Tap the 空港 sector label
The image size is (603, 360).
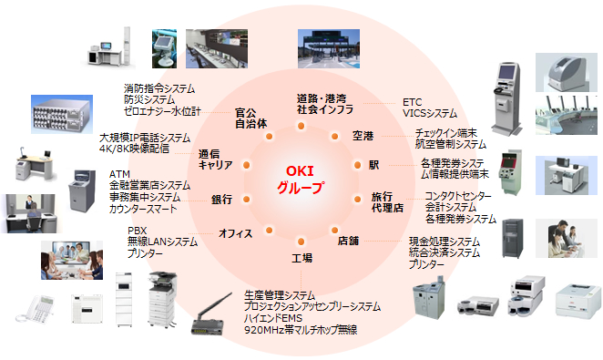[363, 136]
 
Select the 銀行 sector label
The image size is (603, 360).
[221, 200]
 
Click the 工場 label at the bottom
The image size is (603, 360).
[301, 258]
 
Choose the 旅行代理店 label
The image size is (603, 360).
[387, 202]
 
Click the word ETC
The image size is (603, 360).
[412, 102]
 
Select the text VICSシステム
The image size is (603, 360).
[429, 114]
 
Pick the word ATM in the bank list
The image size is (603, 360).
[118, 173]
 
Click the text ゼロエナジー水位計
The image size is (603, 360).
[161, 111]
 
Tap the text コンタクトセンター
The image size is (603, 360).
[459, 196]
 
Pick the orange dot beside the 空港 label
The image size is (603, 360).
[332, 136]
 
